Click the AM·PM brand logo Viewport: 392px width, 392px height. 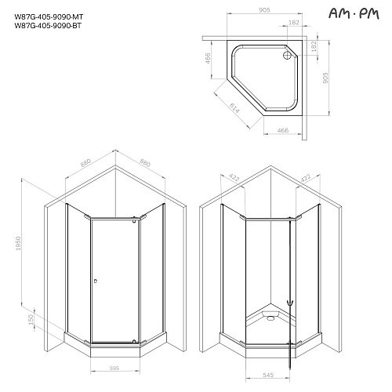tap(354, 13)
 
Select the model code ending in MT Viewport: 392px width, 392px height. tap(49, 17)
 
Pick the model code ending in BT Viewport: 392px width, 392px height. tap(48, 26)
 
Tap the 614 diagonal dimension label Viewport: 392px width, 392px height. tap(234, 107)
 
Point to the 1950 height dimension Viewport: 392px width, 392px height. tap(18, 243)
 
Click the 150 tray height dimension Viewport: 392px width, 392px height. tap(31, 320)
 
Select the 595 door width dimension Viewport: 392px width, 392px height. tap(114, 368)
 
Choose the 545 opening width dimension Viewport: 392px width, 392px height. tap(268, 375)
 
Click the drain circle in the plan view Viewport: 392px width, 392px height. tap(287, 55)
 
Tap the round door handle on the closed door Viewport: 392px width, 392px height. tap(95, 281)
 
